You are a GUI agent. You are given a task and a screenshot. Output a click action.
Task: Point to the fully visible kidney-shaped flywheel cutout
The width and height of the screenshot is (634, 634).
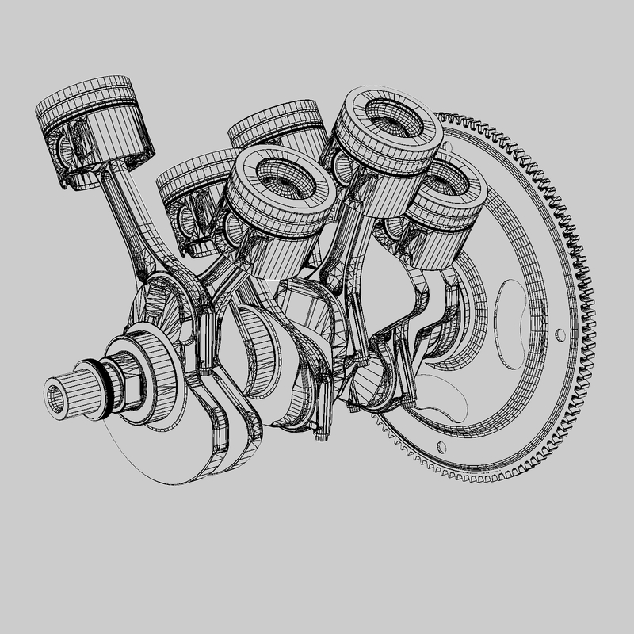(x=520, y=317)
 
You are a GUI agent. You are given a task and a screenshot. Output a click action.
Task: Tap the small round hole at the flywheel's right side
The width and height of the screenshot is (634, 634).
(x=561, y=334)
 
